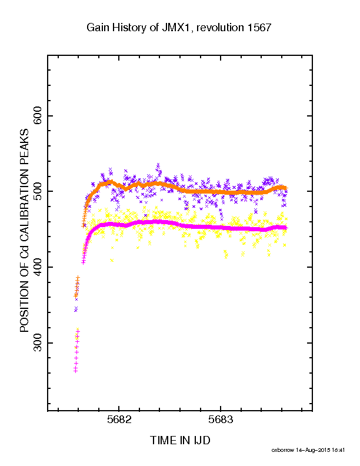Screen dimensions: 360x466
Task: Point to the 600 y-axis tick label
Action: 38,116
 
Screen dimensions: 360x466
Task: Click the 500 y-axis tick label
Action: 38,191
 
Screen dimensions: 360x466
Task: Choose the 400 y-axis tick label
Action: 38,267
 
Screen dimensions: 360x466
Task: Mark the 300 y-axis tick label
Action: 38,343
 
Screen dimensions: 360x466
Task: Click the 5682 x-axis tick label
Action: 119,420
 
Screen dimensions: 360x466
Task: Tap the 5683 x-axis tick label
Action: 221,420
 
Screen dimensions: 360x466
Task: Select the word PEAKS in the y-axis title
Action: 24,143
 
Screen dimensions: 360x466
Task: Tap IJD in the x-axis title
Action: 202,441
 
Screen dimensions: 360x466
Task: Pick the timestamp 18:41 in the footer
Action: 338,450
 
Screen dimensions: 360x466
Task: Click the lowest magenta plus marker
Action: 75,371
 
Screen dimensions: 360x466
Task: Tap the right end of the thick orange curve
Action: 286,188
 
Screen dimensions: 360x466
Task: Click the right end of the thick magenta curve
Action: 286,228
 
